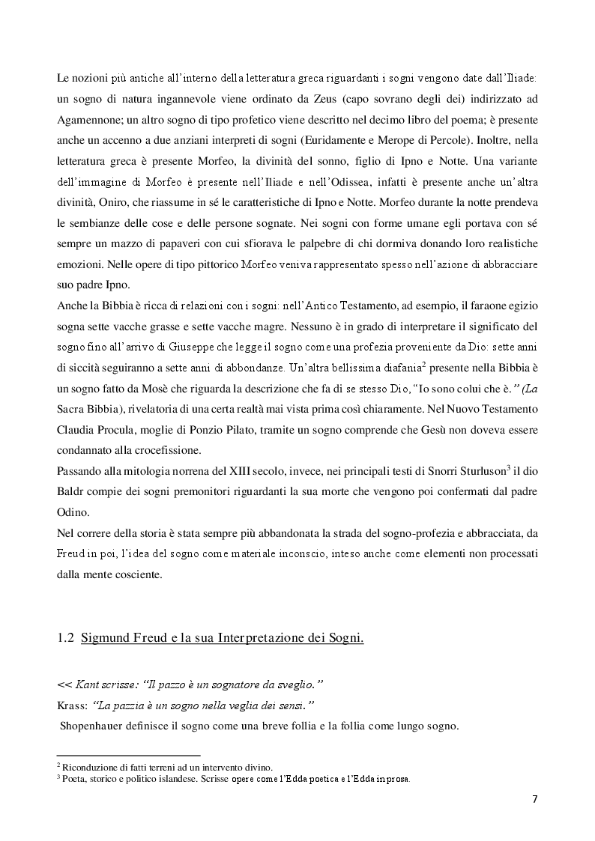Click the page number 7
tap(534, 798)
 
